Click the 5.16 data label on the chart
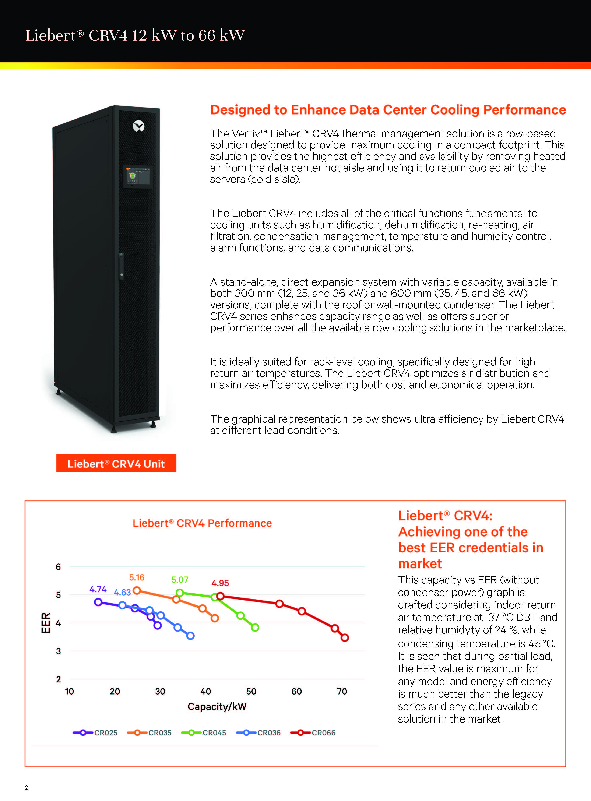137,577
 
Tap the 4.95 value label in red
220,583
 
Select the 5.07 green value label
180,580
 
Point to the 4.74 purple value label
98,589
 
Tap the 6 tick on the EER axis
58,567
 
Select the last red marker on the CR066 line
345,637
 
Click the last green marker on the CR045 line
255,628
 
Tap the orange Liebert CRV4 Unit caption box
116,463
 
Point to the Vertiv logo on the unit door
138,126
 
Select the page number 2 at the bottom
27,787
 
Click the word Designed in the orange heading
241,110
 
